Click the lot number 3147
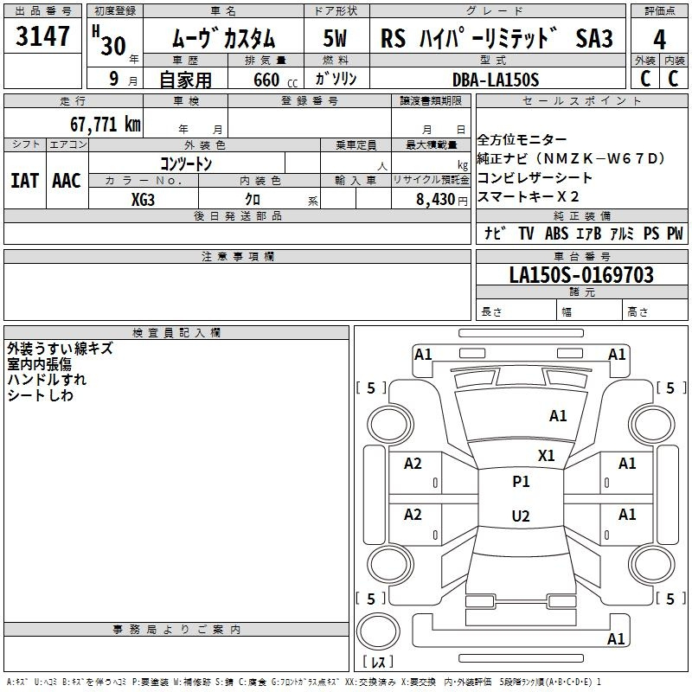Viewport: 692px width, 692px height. pyautogui.click(x=42, y=35)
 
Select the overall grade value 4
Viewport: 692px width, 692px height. pyautogui.click(x=659, y=40)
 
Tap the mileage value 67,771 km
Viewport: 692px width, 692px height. pyautogui.click(x=106, y=125)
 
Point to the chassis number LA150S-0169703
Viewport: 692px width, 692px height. pyautogui.click(x=581, y=274)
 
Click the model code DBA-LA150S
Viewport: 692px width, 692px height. pyautogui.click(x=496, y=80)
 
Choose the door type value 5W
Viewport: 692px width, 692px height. pyautogui.click(x=335, y=38)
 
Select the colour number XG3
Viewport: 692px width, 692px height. pyautogui.click(x=143, y=200)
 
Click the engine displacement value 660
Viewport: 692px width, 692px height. pyautogui.click(x=266, y=80)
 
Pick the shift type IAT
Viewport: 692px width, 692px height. pyautogui.click(x=24, y=181)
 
